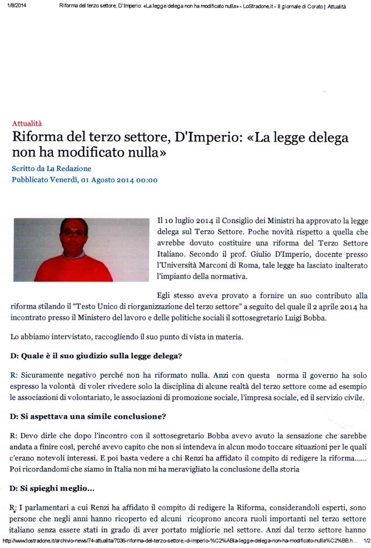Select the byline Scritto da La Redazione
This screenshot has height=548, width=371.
(x=51, y=169)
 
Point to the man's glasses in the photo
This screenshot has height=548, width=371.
(x=73, y=233)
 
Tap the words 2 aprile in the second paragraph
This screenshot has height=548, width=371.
(x=328, y=307)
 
